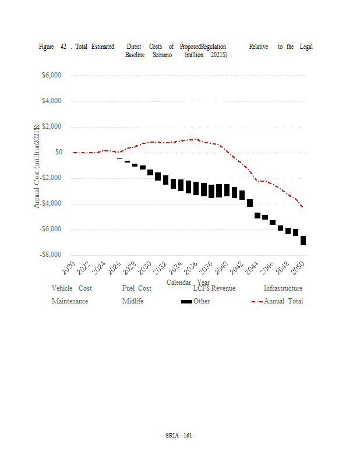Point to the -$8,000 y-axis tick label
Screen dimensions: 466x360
coord(52,255)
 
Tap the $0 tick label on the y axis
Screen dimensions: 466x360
coord(59,153)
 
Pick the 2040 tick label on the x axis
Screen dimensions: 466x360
coord(221,267)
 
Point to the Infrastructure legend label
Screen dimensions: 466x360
coord(283,288)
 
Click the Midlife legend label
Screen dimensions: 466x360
coord(133,301)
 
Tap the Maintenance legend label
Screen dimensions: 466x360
coord(70,301)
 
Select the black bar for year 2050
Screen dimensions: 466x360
coord(303,241)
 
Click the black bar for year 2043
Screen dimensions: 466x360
coord(250,203)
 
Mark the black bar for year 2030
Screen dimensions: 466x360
coord(150,172)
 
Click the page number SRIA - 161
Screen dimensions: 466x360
coord(179,435)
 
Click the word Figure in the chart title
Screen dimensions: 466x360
coord(47,47)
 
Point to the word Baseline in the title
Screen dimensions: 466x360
coord(135,55)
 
